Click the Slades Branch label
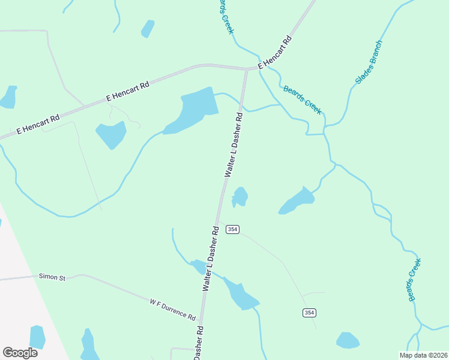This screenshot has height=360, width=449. coord(368,62)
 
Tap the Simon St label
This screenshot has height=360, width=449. coord(52,277)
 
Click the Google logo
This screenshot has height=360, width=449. coord(20,353)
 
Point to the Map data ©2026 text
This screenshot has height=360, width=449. coord(423,355)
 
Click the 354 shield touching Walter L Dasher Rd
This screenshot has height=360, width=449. coord(233,229)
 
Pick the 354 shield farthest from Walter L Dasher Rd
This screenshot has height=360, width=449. coord(309,313)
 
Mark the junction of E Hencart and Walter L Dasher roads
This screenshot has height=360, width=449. coord(246,70)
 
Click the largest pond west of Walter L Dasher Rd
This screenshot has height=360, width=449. coord(192,109)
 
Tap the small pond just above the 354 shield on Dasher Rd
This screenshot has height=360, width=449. coord(240,196)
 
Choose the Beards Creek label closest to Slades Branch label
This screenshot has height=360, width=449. coord(303,99)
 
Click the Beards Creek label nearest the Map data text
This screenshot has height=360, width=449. coord(415,280)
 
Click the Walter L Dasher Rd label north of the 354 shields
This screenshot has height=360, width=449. coord(234,144)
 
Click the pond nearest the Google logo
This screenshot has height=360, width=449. coord(37,337)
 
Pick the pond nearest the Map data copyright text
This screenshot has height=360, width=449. coord(348,340)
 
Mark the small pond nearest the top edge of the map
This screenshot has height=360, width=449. coord(147,28)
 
